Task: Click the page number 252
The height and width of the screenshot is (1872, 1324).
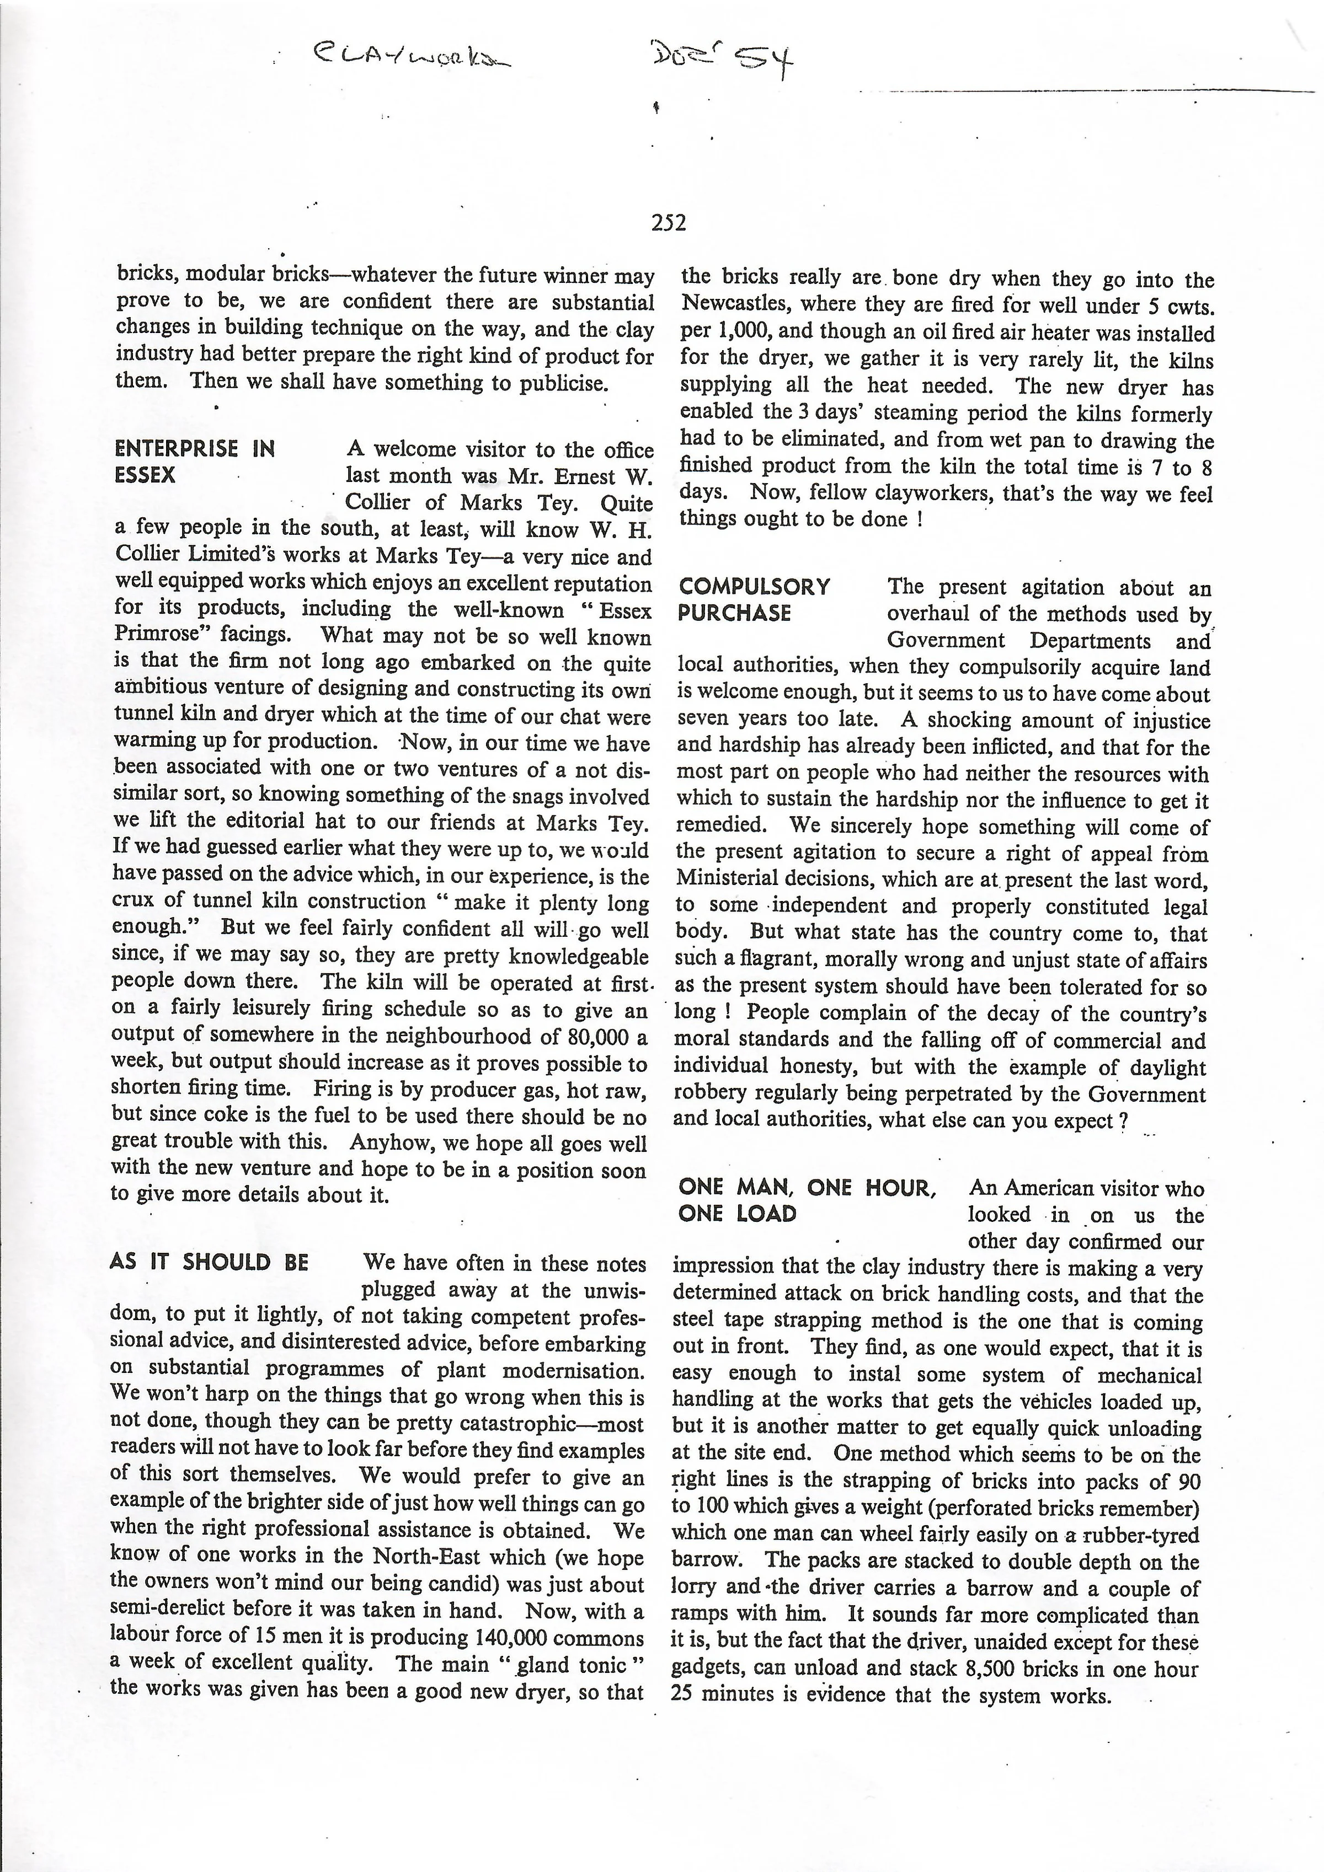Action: [x=668, y=223]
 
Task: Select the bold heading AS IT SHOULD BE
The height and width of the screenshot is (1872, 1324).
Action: [x=209, y=1262]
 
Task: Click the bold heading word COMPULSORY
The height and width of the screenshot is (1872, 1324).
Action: [x=754, y=587]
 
